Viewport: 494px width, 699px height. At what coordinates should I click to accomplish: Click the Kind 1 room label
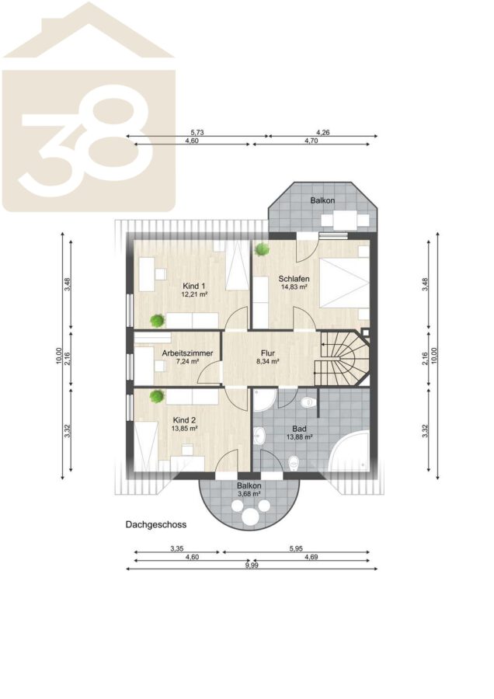193,286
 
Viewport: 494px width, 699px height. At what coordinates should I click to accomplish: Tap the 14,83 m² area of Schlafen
294,287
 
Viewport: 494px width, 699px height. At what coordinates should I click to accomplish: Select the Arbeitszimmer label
187,353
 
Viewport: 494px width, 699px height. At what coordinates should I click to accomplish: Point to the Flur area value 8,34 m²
267,361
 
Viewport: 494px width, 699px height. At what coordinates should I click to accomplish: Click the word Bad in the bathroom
299,429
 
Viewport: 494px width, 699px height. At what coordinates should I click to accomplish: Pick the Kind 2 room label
184,420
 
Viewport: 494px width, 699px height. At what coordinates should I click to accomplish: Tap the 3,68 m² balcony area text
249,494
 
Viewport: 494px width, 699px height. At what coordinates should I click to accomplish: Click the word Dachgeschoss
156,525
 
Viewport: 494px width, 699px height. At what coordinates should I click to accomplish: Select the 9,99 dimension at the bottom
252,565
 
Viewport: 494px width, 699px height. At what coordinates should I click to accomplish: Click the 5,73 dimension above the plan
197,132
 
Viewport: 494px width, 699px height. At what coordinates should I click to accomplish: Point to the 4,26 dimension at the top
323,132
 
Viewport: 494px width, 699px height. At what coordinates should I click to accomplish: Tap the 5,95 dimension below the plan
296,549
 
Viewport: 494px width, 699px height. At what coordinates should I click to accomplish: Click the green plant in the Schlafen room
262,249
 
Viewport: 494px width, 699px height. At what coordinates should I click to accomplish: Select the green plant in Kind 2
156,397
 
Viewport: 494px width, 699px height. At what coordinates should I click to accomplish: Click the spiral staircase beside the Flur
342,358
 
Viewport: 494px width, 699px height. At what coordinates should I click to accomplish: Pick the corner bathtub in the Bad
351,451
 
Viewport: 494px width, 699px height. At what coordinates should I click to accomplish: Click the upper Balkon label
322,200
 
